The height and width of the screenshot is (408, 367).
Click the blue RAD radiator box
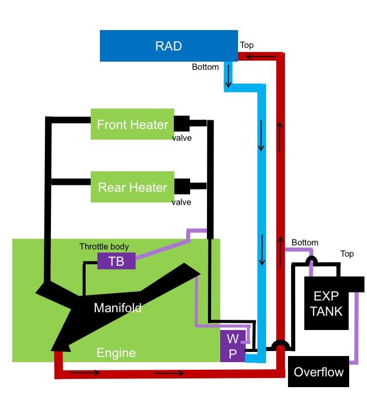tap(169, 46)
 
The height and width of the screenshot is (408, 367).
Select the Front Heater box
tap(133, 124)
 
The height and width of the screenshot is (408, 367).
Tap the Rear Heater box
tap(133, 187)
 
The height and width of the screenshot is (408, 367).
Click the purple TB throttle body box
tap(116, 261)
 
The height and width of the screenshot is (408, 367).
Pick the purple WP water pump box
tap(232, 346)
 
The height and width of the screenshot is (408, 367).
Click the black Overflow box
tap(319, 372)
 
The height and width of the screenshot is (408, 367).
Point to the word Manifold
tap(117, 308)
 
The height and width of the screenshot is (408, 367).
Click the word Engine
tap(116, 352)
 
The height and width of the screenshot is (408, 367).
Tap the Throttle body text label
tap(104, 247)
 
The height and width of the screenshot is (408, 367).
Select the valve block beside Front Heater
tap(182, 123)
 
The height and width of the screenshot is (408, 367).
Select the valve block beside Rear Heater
tap(182, 186)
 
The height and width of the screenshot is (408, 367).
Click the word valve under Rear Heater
tap(181, 202)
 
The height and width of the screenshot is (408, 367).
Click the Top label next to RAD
tap(247, 45)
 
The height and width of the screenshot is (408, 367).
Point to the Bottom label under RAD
tap(205, 67)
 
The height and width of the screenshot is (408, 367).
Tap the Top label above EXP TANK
tap(347, 254)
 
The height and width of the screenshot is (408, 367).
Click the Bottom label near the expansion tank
tap(305, 242)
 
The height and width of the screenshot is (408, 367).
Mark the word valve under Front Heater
tap(181, 138)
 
